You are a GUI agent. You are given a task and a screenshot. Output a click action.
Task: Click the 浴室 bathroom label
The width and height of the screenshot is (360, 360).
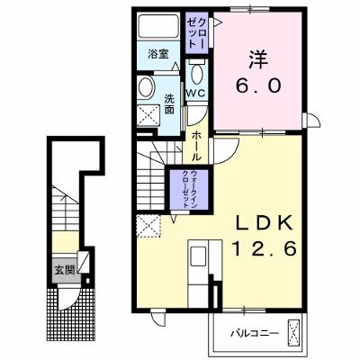point(158,54)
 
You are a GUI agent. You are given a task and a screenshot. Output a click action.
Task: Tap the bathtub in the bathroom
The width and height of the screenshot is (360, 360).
point(158,26)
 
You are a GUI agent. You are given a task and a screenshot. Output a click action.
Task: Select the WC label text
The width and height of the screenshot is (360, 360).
point(195,94)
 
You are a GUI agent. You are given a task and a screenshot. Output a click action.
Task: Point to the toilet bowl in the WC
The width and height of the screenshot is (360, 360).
point(196,74)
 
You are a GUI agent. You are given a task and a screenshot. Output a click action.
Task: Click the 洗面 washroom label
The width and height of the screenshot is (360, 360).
point(169,104)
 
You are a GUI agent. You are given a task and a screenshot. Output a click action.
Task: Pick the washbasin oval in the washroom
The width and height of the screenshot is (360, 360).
point(146,87)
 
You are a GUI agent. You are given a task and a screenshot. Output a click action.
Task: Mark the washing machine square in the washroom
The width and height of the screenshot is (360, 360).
point(148,115)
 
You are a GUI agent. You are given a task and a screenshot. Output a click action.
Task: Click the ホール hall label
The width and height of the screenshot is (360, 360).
point(196,146)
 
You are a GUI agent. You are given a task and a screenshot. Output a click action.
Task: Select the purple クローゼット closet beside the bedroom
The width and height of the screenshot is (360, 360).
point(196,32)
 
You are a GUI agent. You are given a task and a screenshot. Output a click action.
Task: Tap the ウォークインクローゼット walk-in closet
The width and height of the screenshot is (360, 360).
point(189,190)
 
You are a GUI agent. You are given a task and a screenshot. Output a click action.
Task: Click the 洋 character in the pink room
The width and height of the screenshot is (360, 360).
point(257,59)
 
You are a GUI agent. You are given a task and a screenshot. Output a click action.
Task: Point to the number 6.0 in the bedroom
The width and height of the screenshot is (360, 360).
point(258,85)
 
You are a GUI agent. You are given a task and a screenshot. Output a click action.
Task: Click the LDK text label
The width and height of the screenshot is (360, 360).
point(264,223)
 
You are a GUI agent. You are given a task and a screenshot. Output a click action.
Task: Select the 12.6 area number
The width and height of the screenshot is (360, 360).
point(264,249)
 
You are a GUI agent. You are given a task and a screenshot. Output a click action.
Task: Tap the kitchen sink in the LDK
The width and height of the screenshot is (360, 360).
point(198,256)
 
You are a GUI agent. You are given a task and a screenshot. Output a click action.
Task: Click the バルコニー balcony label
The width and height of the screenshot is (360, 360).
point(255,333)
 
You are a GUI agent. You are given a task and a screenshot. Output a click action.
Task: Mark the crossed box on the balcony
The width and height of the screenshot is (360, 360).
point(293,334)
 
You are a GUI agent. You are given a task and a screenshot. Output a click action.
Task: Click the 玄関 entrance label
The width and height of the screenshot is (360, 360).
point(64,270)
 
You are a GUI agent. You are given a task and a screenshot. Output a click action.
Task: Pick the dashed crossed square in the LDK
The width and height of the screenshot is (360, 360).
point(148,226)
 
